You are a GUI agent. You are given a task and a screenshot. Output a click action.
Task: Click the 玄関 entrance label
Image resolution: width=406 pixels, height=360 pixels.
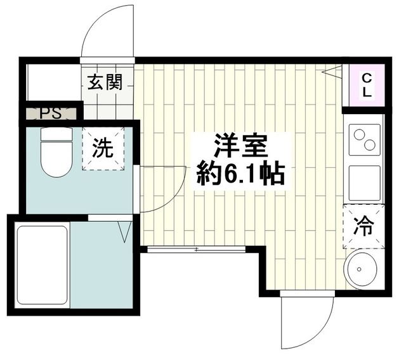[105, 83]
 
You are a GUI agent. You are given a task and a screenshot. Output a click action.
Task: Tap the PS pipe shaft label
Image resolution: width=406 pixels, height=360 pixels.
[49, 115]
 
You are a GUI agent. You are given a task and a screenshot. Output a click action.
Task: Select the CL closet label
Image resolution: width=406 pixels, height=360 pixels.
[367, 85]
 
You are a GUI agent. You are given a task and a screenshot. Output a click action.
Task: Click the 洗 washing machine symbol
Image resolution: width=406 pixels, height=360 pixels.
[104, 149]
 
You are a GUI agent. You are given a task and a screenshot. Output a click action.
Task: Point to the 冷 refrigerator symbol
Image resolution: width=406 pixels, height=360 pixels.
[364, 226]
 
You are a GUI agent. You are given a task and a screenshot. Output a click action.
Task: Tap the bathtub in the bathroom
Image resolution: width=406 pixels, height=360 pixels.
[41, 266]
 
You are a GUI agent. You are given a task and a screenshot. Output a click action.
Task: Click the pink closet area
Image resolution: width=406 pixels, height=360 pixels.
[367, 85]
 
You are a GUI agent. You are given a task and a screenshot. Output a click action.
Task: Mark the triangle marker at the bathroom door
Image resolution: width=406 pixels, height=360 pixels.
[124, 231]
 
